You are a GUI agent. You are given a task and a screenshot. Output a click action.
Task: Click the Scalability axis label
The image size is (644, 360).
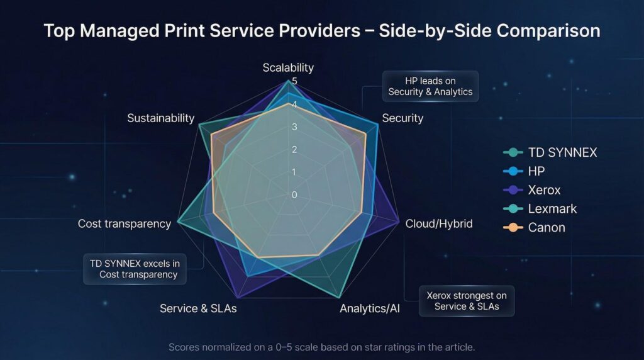pyautogui.click(x=288, y=68)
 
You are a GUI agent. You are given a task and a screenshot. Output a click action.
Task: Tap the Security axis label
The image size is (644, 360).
pyautogui.click(x=402, y=118)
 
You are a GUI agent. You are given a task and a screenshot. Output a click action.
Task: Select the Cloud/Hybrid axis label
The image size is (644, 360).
pyautogui.click(x=439, y=223)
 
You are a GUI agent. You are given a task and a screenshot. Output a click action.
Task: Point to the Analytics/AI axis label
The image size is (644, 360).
pyautogui.click(x=370, y=308)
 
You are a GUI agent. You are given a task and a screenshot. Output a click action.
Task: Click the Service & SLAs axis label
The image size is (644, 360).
pyautogui.click(x=198, y=308)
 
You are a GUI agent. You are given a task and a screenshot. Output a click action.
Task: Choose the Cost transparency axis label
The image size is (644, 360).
pyautogui.click(x=125, y=224)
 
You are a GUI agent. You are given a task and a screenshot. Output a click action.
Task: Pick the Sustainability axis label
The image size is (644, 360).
pyautogui.click(x=161, y=118)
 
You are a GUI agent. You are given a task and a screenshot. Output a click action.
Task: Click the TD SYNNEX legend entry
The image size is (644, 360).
pyautogui.click(x=562, y=152)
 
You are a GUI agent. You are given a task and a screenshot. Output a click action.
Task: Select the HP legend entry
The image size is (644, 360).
pyautogui.click(x=536, y=171)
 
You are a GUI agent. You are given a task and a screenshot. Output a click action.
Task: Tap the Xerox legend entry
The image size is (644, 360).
pyautogui.click(x=544, y=190)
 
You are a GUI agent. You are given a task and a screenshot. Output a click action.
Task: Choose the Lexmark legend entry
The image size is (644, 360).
pyautogui.click(x=552, y=209)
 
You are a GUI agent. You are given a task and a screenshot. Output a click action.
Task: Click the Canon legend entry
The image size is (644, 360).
pyautogui.click(x=546, y=228)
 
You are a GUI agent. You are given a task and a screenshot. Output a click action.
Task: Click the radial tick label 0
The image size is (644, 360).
pyautogui.click(x=294, y=195)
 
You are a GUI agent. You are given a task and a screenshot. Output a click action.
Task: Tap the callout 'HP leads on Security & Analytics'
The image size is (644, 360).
pyautogui.click(x=430, y=87)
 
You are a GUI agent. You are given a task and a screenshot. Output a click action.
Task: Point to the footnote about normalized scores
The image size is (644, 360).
pyautogui.click(x=321, y=347)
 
